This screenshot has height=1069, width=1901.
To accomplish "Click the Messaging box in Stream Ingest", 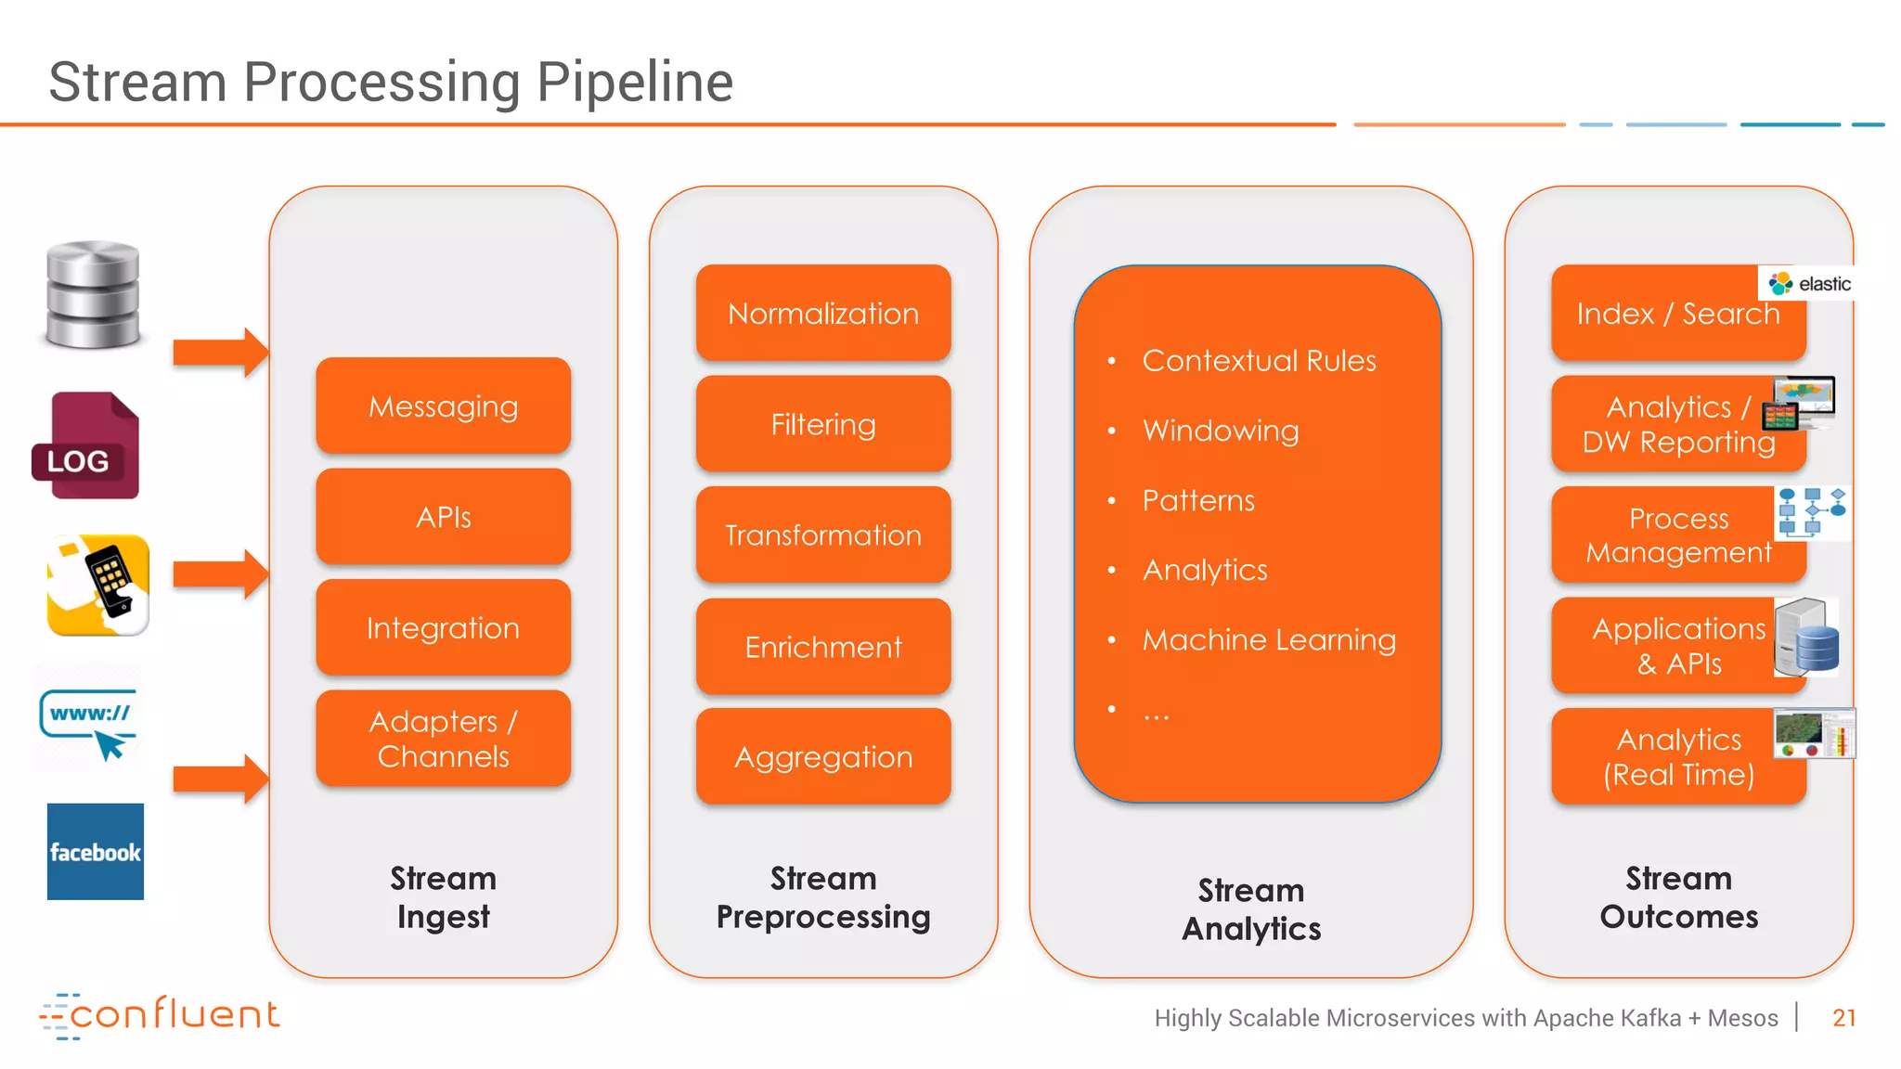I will pyautogui.click(x=443, y=406).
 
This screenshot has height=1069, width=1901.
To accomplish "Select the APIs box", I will pyautogui.click(x=443, y=517).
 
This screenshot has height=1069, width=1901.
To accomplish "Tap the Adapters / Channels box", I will pyautogui.click(x=443, y=739).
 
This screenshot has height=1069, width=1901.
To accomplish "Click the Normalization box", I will pyautogui.click(x=822, y=314).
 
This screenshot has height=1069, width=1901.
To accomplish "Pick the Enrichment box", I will pyautogui.click(x=822, y=647).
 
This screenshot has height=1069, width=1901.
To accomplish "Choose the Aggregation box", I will pyautogui.click(x=822, y=757).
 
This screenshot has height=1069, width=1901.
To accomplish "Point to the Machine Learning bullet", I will pyautogui.click(x=1268, y=640).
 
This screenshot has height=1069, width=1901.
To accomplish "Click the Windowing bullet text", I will pyautogui.click(x=1220, y=431).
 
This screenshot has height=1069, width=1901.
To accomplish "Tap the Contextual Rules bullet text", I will pyautogui.click(x=1259, y=361).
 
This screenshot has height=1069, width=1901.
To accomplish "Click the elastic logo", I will pyautogui.click(x=1809, y=283).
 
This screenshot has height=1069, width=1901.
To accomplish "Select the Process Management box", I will pyautogui.click(x=1677, y=534).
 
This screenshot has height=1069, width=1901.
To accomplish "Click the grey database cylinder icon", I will pyautogui.click(x=93, y=294).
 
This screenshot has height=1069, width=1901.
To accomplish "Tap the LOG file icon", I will pyautogui.click(x=86, y=446).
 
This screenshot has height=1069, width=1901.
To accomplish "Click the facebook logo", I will pyautogui.click(x=96, y=852).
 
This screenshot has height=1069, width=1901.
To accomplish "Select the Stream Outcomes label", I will pyautogui.click(x=1678, y=897).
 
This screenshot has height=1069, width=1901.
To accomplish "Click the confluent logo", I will pyautogui.click(x=160, y=1015).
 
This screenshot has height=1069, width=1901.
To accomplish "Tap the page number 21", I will pyautogui.click(x=1843, y=1018).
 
